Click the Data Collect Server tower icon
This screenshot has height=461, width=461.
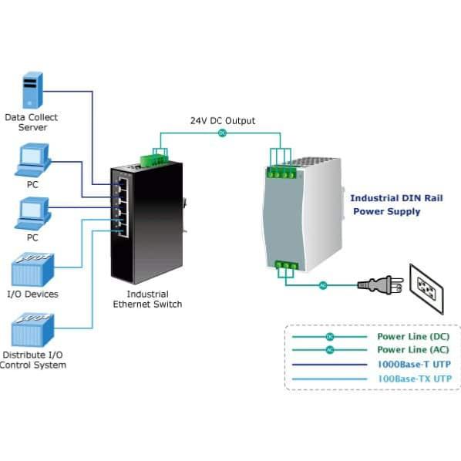[32, 90]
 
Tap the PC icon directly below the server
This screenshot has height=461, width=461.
[33, 160]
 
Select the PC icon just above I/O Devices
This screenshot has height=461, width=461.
[33, 214]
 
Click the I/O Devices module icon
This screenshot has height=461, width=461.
[32, 270]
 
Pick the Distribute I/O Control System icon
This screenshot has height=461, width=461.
[32, 330]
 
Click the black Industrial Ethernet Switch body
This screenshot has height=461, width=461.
[146, 222]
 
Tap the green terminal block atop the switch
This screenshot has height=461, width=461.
[154, 160]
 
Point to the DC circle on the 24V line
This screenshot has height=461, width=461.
[223, 133]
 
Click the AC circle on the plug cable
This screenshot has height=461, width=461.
[323, 285]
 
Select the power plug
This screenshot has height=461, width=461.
[381, 284]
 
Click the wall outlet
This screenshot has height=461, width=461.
[426, 289]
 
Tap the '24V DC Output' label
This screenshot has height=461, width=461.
[223, 121]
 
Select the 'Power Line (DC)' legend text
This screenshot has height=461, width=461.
[413, 336]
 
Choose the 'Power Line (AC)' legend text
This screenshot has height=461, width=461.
[413, 349]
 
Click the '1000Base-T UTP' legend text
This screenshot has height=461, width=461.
[414, 365]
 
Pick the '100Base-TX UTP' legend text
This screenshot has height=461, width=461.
[415, 379]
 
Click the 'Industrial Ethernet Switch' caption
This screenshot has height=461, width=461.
[147, 299]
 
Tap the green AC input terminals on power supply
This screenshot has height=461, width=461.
[286, 265]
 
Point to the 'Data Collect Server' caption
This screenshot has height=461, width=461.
[32, 123]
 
